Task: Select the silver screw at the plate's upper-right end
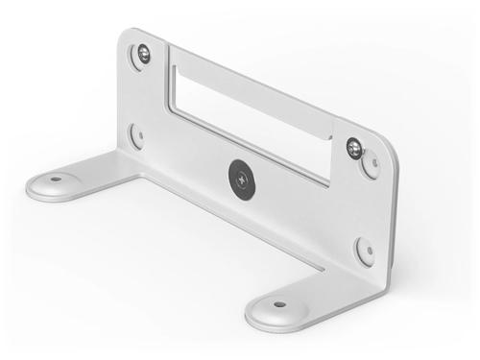coord(354,147)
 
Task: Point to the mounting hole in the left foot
coord(56,179)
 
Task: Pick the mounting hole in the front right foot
coord(279,304)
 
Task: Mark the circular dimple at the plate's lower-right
coord(365,251)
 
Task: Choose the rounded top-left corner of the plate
coord(128,36)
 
